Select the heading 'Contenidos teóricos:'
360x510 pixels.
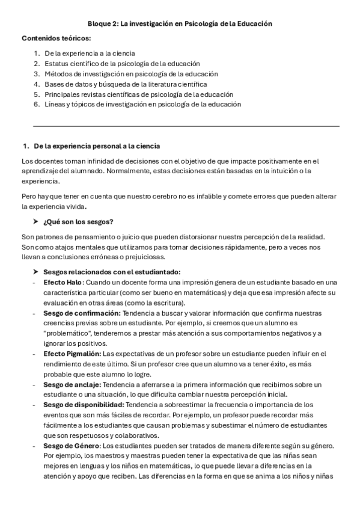pos(56,38)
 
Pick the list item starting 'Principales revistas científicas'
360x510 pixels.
pos(138,94)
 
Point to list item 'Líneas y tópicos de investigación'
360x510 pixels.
pos(142,104)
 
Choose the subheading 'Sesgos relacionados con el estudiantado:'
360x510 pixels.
pos(112,272)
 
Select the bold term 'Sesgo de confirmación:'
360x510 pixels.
pos(82,313)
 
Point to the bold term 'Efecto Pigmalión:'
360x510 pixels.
pos(73,354)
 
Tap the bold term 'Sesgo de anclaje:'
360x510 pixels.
pos(72,384)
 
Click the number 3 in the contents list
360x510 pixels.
pos(37,73)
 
